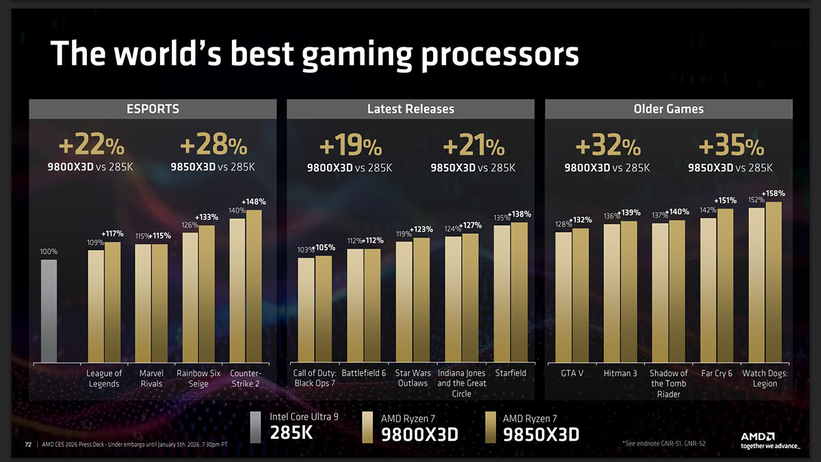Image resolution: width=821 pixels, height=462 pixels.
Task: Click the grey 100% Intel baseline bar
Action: [x=49, y=310]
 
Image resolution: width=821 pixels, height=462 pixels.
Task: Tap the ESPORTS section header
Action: [x=153, y=109]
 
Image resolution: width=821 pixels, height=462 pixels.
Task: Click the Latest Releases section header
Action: [x=410, y=109]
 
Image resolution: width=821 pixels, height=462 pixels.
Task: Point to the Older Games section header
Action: [x=668, y=109]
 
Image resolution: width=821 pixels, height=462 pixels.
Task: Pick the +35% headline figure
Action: [x=730, y=146]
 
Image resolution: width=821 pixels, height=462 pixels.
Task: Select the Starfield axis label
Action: [x=510, y=374]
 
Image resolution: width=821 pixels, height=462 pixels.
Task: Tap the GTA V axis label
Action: [x=571, y=374]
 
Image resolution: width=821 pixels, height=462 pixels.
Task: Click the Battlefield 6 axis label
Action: [x=363, y=374]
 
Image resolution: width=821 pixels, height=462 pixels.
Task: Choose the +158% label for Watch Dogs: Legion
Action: [x=772, y=194]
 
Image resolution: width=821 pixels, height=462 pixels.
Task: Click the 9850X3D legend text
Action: [x=540, y=434]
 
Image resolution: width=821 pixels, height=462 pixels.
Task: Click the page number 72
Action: [x=28, y=444]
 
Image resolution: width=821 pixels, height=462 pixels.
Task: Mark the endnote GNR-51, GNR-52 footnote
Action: [x=664, y=444]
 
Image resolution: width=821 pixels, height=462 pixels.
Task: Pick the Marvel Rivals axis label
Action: [x=151, y=378]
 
